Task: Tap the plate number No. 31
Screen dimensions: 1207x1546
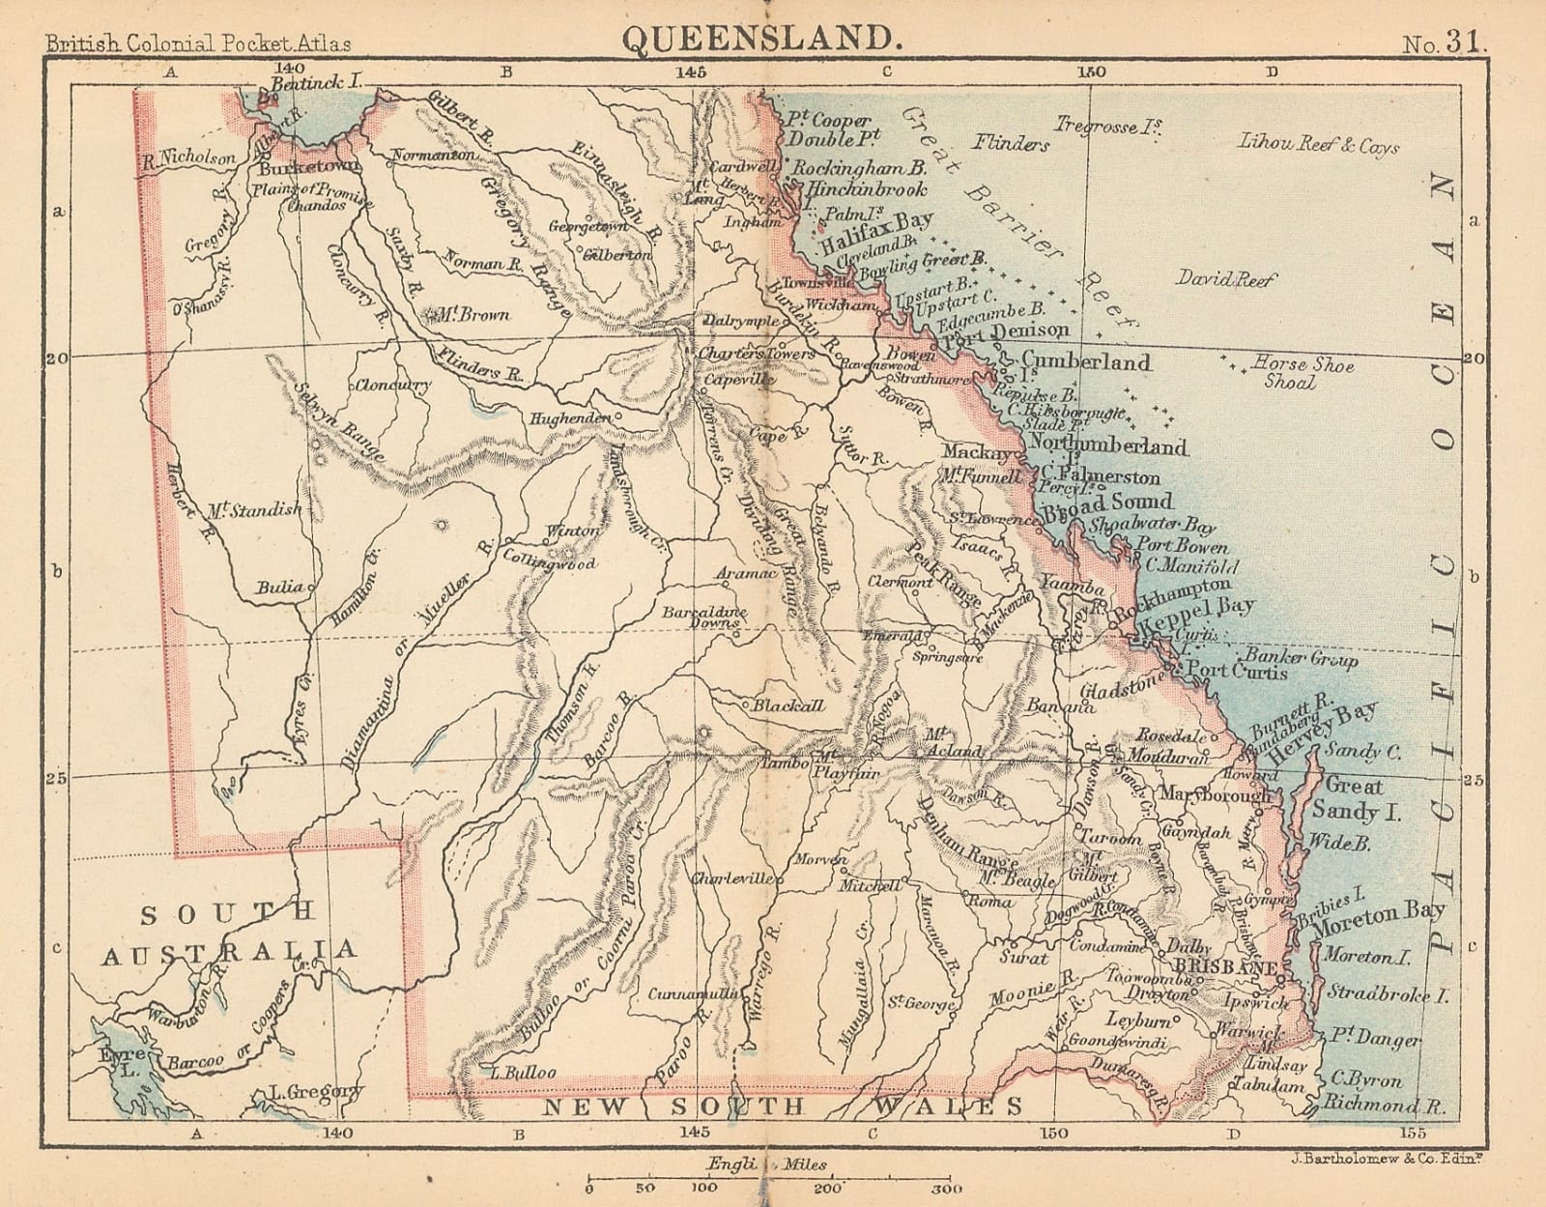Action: (1446, 43)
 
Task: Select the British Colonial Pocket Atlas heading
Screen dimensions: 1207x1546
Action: (198, 43)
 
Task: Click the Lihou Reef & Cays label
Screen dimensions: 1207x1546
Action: (1319, 145)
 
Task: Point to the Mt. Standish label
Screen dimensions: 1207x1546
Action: (254, 509)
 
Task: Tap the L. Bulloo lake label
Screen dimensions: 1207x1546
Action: (523, 1072)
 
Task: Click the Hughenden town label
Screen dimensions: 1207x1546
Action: (570, 418)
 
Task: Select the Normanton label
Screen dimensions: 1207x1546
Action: (432, 155)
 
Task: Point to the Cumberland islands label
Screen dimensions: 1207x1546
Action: (1086, 362)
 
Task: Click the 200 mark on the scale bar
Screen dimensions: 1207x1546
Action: (827, 1189)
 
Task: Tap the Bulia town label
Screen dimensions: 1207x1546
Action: (280, 587)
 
